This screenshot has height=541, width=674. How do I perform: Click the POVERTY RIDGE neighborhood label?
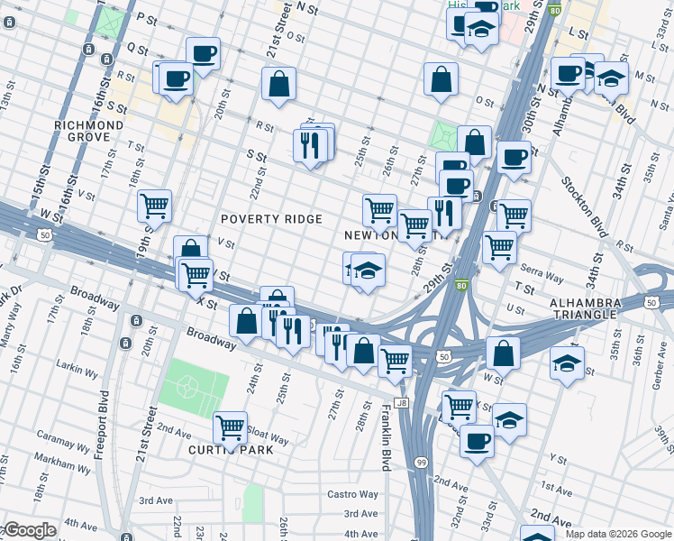coord(271,219)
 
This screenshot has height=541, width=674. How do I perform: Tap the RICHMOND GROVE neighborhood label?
coord(88,131)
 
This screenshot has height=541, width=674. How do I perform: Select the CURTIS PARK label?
coord(231,449)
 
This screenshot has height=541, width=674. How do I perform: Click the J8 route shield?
coord(402,403)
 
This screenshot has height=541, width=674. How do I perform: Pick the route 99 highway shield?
coord(421,462)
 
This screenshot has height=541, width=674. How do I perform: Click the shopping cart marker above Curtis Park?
coord(231,427)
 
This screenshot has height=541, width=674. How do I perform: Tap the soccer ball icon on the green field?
coord(187,387)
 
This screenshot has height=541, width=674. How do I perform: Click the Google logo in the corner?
coord(29,530)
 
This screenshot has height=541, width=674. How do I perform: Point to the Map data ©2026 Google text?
coord(618,533)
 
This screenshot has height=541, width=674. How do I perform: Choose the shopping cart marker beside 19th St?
coord(155,206)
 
